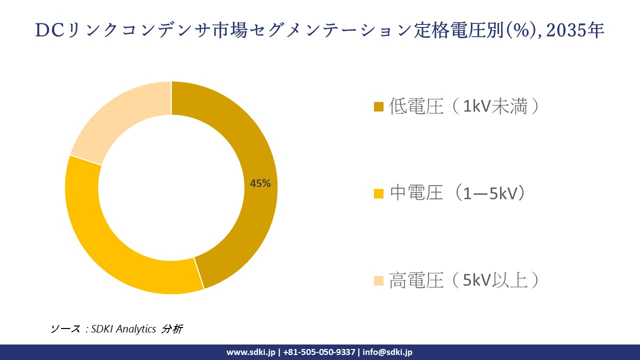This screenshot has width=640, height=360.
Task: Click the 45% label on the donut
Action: [260, 183]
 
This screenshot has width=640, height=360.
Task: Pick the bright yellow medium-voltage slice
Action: [105, 240]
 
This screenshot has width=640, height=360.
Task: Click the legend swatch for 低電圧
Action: [378, 106]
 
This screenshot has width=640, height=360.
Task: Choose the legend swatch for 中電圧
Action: [378, 193]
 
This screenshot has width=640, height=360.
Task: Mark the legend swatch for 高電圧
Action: [378, 280]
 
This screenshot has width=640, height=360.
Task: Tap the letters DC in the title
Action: [49, 31]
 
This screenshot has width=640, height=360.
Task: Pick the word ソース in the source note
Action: [65, 329]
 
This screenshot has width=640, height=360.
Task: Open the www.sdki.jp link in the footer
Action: [250, 352]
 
